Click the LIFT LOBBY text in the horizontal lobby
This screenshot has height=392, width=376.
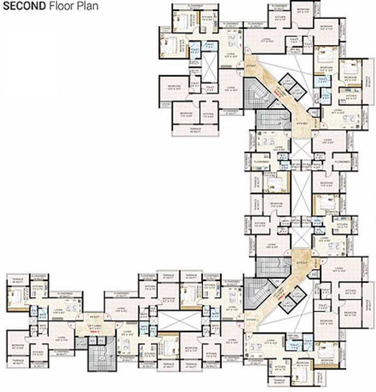(x=95, y=327)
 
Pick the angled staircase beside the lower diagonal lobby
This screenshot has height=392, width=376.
(x=252, y=294)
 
